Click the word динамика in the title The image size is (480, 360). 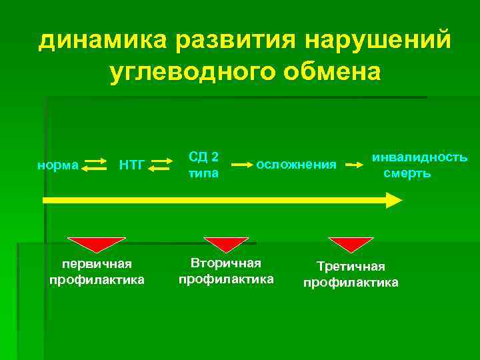click(x=103, y=41)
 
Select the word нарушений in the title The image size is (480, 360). click(x=379, y=41)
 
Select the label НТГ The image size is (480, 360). click(x=131, y=165)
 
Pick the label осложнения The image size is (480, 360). click(x=296, y=165)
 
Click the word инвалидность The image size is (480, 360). click(x=419, y=158)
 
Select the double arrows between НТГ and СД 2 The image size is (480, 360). click(x=159, y=165)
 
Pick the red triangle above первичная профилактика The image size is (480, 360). click(x=99, y=243)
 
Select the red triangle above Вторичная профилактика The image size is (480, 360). click(x=225, y=243)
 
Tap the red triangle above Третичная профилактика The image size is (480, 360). click(x=351, y=243)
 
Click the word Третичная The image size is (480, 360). click(x=351, y=267)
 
